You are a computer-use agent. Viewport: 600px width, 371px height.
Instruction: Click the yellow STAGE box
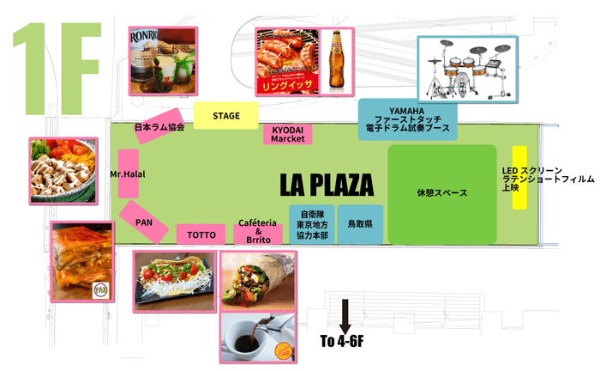[226, 115]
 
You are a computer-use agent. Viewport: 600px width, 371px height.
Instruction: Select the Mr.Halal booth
[128, 174]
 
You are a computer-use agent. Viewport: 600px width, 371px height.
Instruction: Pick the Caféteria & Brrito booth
[258, 234]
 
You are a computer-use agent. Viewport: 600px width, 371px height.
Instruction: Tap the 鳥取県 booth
[359, 225]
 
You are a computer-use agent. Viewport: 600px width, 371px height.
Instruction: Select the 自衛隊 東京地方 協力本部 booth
[312, 225]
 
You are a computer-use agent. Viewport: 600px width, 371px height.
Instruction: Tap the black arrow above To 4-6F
[345, 315]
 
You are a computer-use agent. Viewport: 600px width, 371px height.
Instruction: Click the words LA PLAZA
[327, 185]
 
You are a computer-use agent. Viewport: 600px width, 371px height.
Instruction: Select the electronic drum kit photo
[467, 68]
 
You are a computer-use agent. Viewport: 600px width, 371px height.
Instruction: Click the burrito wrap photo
[258, 279]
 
